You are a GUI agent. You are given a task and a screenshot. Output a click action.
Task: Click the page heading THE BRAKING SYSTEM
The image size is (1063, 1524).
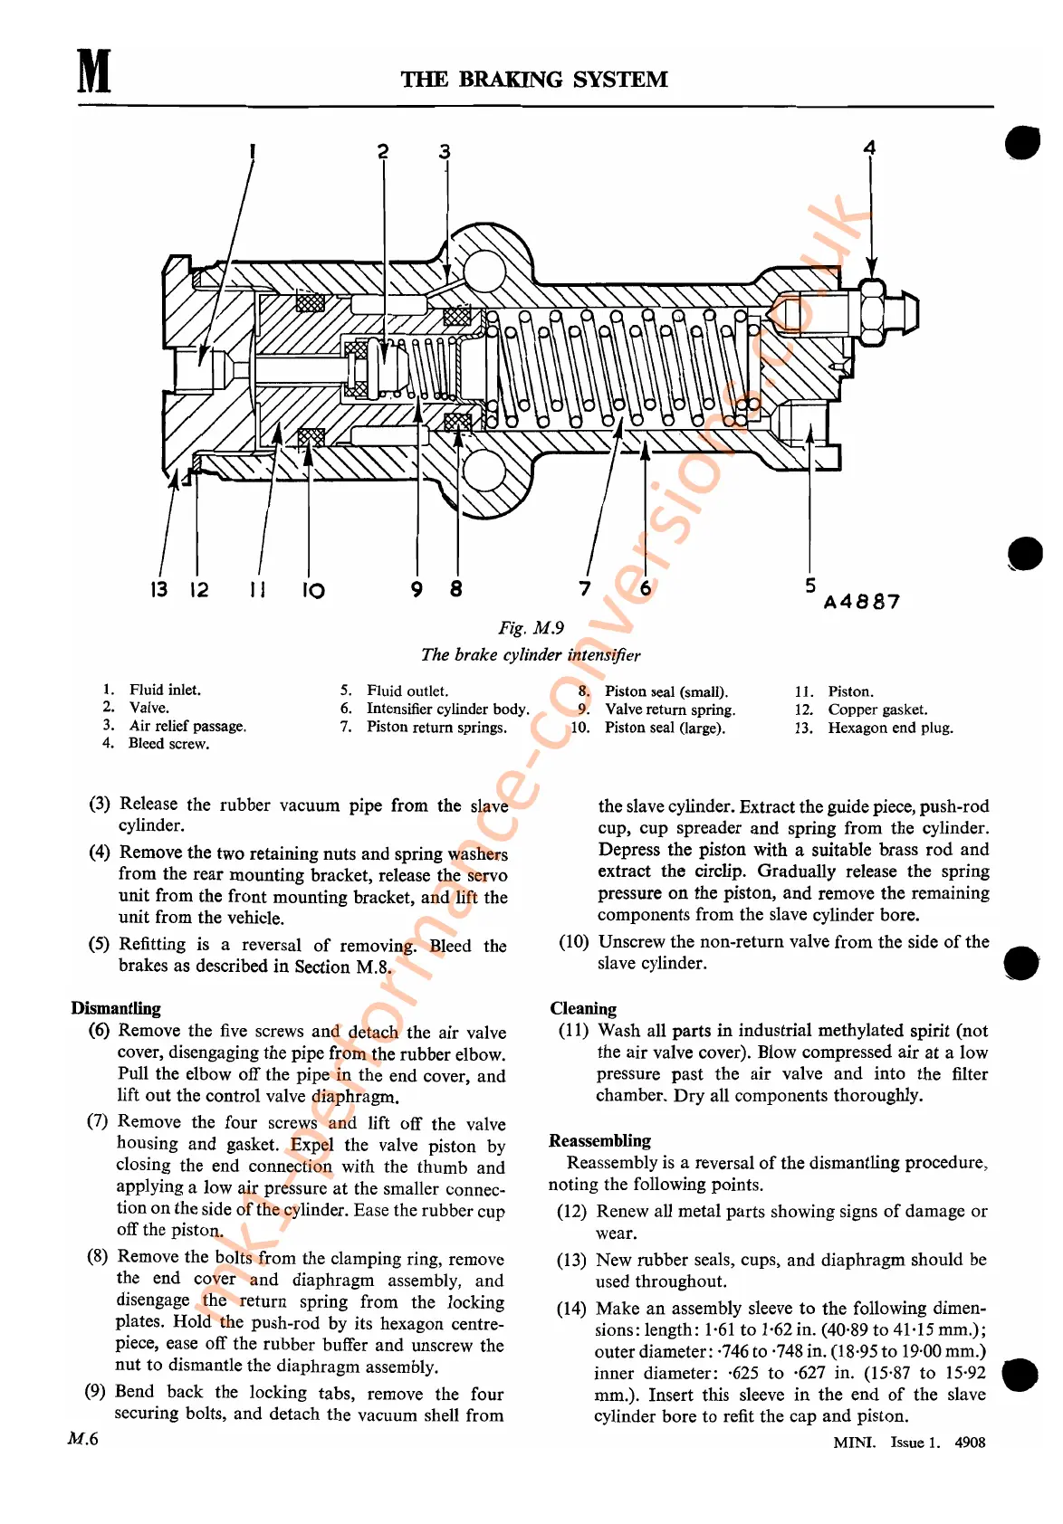(534, 80)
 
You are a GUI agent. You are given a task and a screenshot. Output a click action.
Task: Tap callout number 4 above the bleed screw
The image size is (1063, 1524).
(869, 148)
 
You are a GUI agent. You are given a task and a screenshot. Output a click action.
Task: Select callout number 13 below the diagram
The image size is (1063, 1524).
(158, 590)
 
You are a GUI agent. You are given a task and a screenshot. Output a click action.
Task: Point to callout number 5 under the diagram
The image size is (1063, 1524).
(810, 586)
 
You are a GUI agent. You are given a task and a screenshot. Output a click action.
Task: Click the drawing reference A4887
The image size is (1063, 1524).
(862, 602)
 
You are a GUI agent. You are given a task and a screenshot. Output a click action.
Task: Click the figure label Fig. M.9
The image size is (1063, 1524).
(531, 628)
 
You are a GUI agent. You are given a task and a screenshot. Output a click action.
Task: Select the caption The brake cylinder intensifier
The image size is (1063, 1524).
(531, 654)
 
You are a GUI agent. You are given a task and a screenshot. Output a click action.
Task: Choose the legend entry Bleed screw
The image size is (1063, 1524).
(168, 744)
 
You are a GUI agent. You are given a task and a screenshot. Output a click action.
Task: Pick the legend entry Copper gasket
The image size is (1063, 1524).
(876, 710)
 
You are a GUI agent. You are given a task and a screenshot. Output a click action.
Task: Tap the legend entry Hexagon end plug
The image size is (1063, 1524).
(889, 728)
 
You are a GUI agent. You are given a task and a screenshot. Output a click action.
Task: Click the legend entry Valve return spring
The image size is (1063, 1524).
(670, 710)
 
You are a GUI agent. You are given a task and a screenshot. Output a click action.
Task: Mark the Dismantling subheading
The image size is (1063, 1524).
(116, 1008)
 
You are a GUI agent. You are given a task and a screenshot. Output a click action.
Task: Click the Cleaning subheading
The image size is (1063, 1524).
(583, 1008)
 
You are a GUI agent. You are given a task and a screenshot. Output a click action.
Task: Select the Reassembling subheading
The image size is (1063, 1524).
(599, 1140)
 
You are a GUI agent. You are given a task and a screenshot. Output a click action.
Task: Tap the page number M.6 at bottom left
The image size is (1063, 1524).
(82, 1439)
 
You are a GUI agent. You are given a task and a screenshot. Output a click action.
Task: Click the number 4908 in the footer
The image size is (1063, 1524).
(970, 1443)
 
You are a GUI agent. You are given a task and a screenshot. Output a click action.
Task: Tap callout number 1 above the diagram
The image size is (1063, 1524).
(253, 151)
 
